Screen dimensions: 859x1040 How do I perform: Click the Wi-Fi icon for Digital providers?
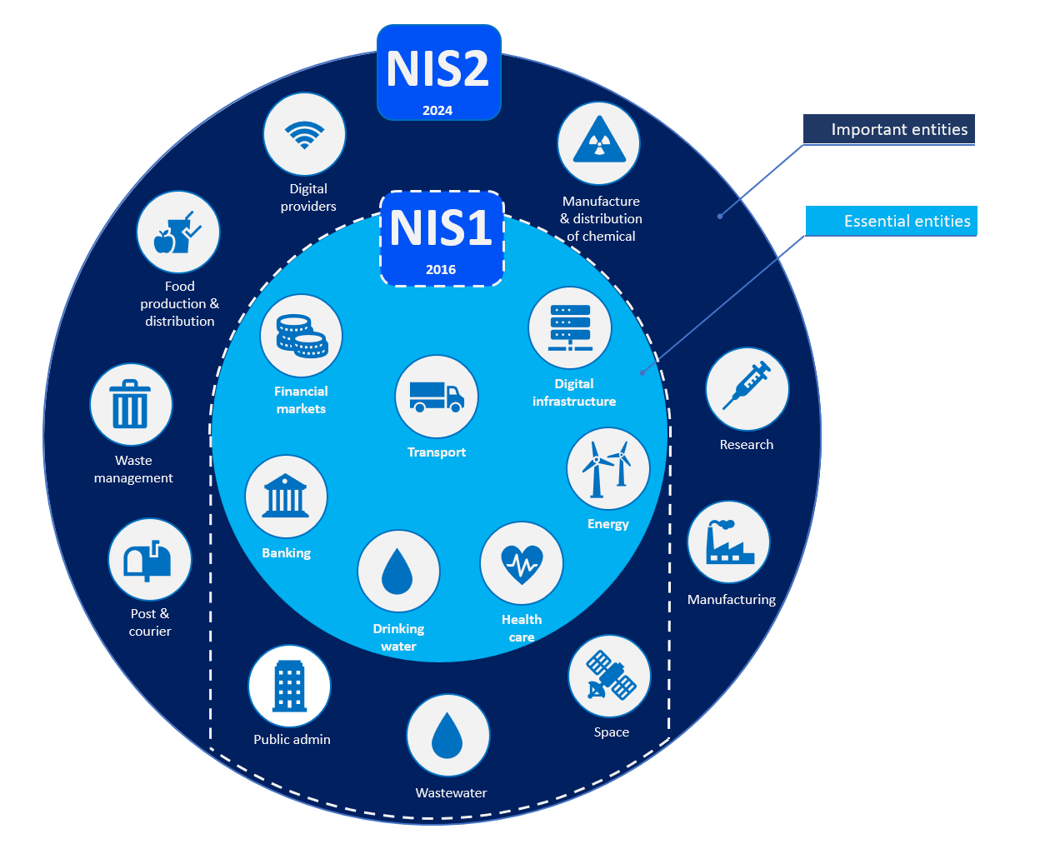pyautogui.click(x=304, y=134)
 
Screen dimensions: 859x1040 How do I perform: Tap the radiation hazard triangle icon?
pyautogui.click(x=598, y=143)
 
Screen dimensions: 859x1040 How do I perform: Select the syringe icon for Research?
pyautogui.click(x=747, y=388)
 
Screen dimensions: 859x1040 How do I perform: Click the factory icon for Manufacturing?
pyautogui.click(x=728, y=542)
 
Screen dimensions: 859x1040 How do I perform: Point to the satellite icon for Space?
pyautogui.click(x=609, y=676)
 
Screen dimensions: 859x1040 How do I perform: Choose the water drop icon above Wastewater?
pyautogui.click(x=447, y=735)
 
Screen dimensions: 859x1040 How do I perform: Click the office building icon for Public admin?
pyautogui.click(x=289, y=687)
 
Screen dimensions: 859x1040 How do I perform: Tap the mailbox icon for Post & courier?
pyautogui.click(x=149, y=560)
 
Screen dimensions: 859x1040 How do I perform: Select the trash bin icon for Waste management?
pyautogui.click(x=131, y=405)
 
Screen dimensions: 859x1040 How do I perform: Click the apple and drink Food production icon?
pyautogui.click(x=177, y=232)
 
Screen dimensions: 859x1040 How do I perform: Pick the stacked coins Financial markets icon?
pyautogui.click(x=301, y=336)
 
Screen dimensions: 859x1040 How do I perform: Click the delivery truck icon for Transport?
pyautogui.click(x=436, y=397)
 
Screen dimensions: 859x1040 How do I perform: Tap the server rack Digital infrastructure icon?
pyautogui.click(x=570, y=327)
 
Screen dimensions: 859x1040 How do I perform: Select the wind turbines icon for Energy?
pyautogui.click(x=607, y=468)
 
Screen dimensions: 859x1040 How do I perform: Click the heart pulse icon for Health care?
pyautogui.click(x=522, y=564)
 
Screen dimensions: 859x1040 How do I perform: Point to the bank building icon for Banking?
pyautogui.click(x=286, y=497)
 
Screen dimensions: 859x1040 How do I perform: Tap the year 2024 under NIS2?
pyautogui.click(x=437, y=111)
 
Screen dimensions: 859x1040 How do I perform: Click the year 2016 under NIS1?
pyautogui.click(x=441, y=270)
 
